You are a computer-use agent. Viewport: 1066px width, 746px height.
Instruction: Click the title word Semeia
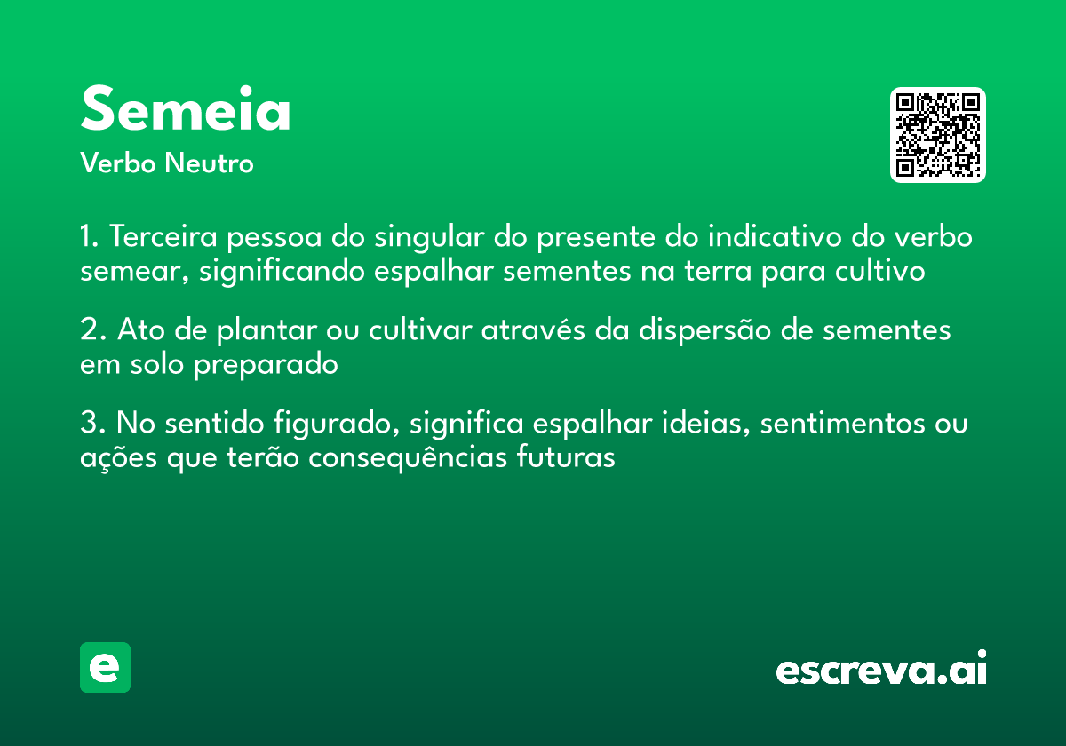tap(186, 111)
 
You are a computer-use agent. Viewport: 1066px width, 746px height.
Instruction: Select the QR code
tap(938, 135)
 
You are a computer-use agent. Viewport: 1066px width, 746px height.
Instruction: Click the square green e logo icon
tap(105, 667)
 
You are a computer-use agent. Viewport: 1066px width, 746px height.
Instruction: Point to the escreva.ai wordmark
tap(881, 669)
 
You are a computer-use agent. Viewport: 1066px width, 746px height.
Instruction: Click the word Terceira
tap(167, 238)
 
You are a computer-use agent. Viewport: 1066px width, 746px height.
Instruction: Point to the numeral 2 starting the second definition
tap(90, 330)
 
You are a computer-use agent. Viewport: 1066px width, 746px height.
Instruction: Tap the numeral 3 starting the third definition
tap(90, 424)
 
